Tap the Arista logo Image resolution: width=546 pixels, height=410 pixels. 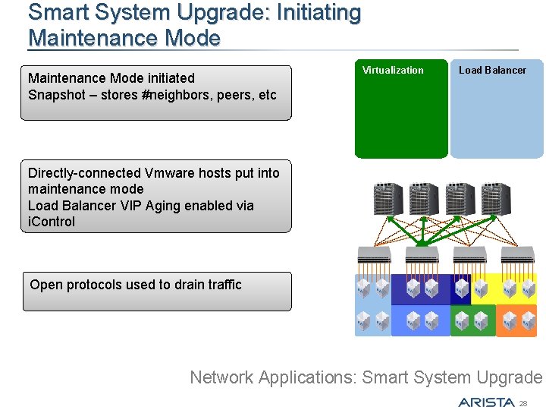[485, 402]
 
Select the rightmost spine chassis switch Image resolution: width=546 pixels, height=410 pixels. [496, 199]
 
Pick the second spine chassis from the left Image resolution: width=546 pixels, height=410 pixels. [422, 199]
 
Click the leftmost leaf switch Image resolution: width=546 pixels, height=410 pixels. [372, 254]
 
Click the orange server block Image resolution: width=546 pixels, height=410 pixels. [516, 320]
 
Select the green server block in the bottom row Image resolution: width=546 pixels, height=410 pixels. [472, 320]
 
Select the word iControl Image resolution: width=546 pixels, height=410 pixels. [52, 222]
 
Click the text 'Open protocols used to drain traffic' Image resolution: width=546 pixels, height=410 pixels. [136, 285]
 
